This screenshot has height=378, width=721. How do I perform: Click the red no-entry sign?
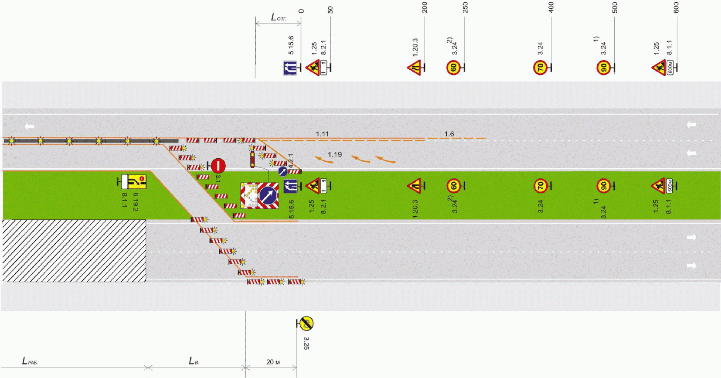(218, 166)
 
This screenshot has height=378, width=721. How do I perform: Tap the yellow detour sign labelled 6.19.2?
(139, 181)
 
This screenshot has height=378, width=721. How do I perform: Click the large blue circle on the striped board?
(268, 195)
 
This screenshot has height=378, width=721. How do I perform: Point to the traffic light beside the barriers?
(252, 160)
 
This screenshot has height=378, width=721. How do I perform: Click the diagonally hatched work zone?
(74, 251)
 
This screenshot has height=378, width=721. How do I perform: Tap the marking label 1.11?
(322, 134)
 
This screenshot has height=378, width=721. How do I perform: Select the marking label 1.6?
(449, 134)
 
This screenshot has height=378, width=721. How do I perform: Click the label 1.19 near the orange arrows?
(335, 154)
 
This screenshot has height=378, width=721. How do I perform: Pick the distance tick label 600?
(676, 7)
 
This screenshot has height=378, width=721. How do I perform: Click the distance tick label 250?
(465, 7)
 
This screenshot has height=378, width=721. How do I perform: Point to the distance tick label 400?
(551, 7)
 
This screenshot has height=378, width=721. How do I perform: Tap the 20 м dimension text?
(273, 362)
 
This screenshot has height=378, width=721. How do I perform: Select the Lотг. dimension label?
(279, 17)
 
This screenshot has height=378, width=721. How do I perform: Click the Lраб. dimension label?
(30, 361)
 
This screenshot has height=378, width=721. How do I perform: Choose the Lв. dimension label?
(194, 361)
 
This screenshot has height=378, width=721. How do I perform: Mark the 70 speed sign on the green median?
(540, 186)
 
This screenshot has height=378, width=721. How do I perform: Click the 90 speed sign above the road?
(603, 68)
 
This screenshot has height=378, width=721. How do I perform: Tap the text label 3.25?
(306, 343)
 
